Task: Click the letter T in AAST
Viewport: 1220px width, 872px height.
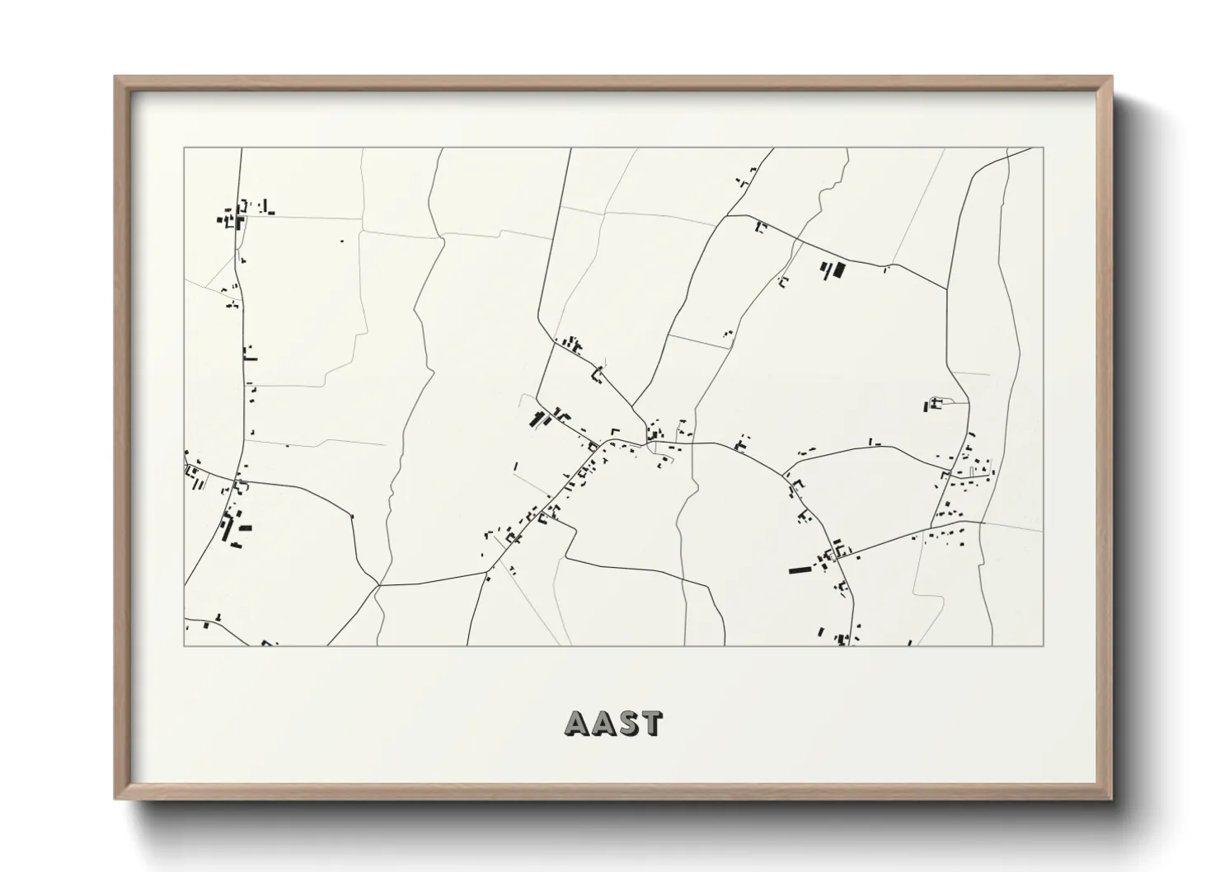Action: [650, 723]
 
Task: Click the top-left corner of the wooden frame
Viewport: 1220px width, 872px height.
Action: [116, 77]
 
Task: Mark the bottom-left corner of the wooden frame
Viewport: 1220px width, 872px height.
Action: [116, 799]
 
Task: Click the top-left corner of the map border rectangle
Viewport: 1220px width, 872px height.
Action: [184, 148]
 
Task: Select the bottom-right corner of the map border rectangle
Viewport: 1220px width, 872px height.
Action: [1043, 645]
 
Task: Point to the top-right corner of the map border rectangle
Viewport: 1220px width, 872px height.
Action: [1043, 148]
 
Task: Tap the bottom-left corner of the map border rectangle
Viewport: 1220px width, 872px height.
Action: [184, 645]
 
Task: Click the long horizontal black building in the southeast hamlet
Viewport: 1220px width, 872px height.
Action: [800, 570]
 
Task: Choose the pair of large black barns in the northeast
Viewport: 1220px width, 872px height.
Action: [833, 270]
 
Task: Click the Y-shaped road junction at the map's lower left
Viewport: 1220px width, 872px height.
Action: [378, 586]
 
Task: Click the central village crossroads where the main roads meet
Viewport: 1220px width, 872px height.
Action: [648, 443]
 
